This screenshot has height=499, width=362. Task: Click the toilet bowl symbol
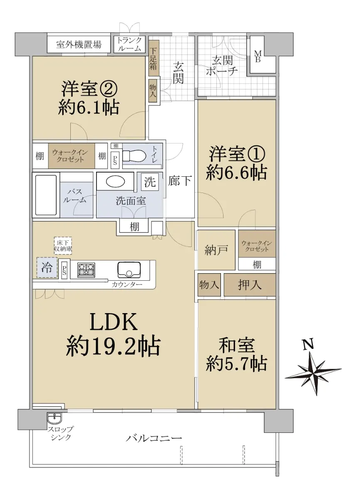point(134,155)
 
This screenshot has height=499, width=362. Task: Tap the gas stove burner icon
point(86,270)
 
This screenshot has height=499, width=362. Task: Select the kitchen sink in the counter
point(129,269)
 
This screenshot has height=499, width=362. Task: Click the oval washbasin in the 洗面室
point(115,182)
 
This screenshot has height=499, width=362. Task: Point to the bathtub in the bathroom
point(46,195)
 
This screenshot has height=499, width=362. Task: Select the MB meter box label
point(258,57)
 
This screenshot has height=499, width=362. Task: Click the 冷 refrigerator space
point(47,267)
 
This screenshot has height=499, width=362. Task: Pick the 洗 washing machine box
point(150,182)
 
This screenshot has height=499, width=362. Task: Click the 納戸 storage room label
point(216,250)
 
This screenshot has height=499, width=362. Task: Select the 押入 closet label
point(249,285)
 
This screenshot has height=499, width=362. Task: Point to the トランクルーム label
point(129,44)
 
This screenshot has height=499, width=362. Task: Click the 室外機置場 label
point(79,44)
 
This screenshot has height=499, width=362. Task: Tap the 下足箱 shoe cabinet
point(154,58)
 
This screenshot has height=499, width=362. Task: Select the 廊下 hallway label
point(179,180)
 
